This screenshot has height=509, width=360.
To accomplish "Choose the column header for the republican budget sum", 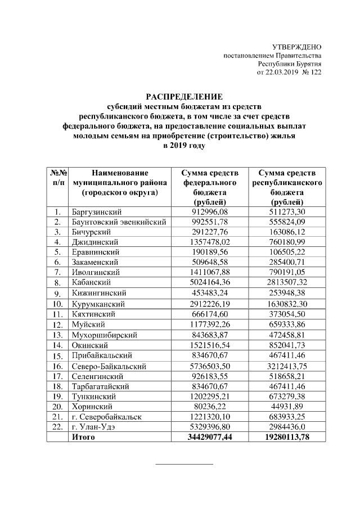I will pos(287,187).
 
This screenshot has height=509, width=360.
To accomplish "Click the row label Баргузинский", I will pos(97,212).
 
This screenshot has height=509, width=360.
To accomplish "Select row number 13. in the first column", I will pos(57,335).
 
